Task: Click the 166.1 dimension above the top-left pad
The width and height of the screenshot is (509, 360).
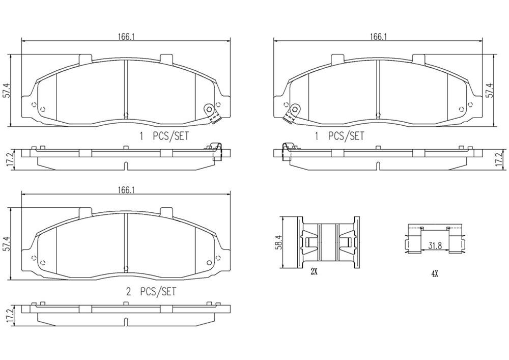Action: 125,36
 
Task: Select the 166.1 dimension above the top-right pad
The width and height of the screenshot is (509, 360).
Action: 378,36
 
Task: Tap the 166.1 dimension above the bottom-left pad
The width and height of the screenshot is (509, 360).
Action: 125,189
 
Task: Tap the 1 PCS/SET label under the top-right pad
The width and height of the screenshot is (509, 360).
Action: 340,136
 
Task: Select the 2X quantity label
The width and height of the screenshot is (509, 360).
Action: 314,272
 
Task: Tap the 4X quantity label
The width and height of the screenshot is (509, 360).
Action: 434,273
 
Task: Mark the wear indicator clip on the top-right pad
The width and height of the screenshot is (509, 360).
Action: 291,113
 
